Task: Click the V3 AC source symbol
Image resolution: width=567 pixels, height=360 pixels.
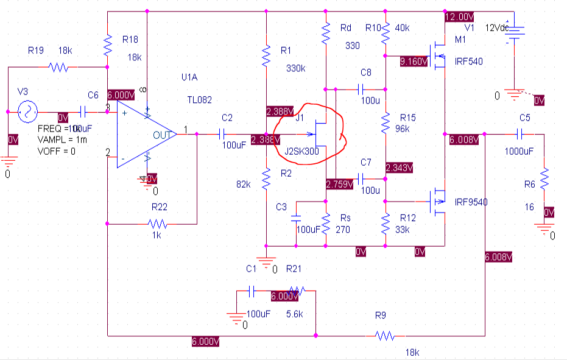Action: (x=27, y=111)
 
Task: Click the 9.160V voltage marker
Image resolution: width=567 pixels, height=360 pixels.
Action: (x=414, y=62)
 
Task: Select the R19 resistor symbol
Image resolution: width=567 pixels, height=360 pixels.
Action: (x=58, y=68)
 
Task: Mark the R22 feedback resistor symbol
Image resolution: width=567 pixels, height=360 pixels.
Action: (x=158, y=224)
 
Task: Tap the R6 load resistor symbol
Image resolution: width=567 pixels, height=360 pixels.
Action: (x=544, y=180)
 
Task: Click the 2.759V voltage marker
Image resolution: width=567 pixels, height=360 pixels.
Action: (x=339, y=183)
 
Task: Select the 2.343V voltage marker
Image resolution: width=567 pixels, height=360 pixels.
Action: (x=400, y=167)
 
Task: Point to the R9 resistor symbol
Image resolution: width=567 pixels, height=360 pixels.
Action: (x=385, y=334)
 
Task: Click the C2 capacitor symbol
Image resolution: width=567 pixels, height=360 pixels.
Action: (x=222, y=133)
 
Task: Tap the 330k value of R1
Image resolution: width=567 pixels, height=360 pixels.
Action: (x=295, y=68)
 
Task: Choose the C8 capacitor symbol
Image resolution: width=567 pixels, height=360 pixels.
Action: (x=358, y=89)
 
